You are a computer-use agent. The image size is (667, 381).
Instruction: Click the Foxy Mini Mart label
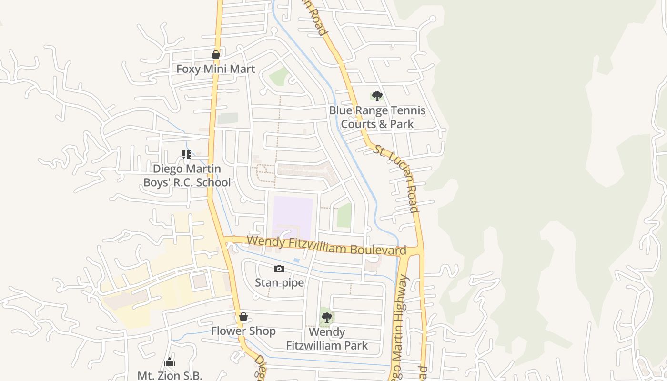pos(215,69)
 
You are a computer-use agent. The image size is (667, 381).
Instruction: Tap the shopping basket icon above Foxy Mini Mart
pos(216,55)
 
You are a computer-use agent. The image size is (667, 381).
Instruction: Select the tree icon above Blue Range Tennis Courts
pos(377,96)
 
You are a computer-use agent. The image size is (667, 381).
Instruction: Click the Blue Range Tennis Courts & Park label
pos(377,117)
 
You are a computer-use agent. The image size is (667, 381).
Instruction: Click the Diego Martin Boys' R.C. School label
pos(187,175)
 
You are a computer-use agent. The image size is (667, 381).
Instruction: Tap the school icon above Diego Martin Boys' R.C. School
pos(187,155)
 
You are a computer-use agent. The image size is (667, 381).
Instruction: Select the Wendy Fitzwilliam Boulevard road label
pos(326,246)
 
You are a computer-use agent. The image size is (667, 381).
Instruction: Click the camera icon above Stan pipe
pos(279,269)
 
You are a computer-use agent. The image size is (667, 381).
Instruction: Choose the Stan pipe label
pos(279,282)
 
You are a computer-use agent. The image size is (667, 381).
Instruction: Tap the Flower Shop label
pos(243,331)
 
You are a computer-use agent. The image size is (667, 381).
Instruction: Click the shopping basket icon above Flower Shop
pos(243,317)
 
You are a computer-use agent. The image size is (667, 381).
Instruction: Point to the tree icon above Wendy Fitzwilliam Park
pos(326,317)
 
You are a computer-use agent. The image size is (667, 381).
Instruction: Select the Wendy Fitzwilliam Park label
pos(327,338)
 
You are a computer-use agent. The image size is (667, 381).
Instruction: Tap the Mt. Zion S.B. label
pos(170,375)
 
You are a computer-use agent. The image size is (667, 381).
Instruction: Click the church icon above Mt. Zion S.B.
pos(170,362)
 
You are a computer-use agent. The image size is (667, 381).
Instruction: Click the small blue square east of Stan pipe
pos(296,261)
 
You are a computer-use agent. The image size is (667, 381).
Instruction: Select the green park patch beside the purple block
pos(344,215)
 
